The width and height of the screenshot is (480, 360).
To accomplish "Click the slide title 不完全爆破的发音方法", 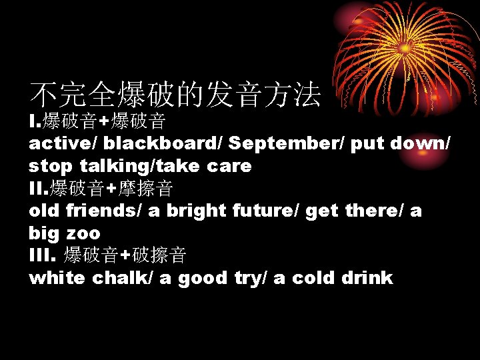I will [x=175, y=95].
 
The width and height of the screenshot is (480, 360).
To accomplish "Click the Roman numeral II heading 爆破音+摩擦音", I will [x=101, y=189].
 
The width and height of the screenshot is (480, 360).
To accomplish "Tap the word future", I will [x=265, y=211].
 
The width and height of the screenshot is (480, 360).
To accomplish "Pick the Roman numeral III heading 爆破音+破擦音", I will [x=107, y=255].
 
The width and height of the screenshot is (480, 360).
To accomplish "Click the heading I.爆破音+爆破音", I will [x=97, y=121].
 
